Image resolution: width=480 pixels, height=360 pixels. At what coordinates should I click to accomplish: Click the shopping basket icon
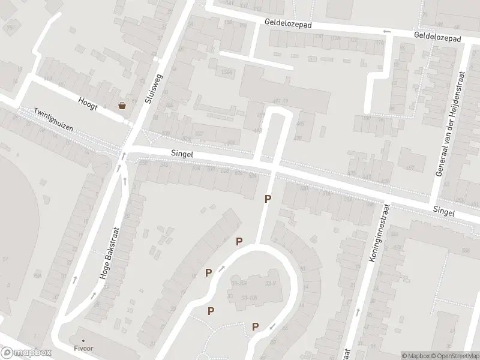[x=122, y=106]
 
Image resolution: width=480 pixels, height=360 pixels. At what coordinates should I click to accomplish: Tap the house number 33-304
[x=239, y=283]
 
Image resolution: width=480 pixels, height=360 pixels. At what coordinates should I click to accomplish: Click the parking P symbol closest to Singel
[x=268, y=199]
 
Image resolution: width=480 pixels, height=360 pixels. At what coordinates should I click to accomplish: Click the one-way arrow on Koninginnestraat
[x=358, y=313]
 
